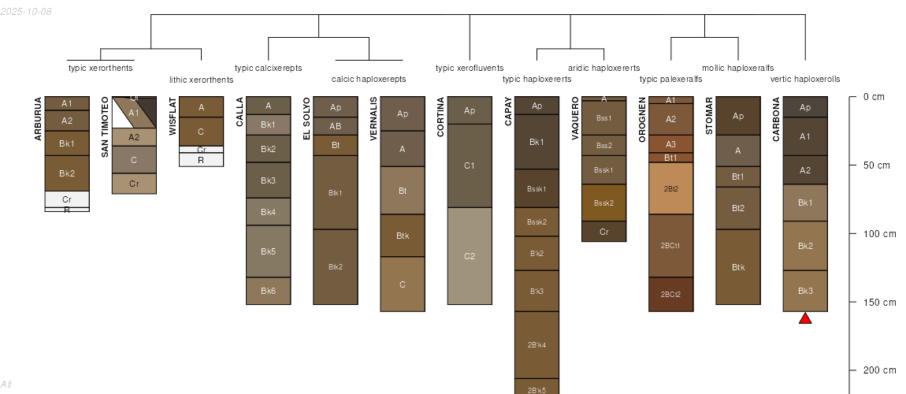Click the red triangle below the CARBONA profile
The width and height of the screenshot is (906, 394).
pyautogui.click(x=805, y=318)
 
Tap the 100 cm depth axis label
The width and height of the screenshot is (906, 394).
pyautogui.click(x=878, y=234)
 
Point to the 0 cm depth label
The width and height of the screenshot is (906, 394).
pyautogui.click(x=874, y=97)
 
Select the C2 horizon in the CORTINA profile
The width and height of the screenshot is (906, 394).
pyautogui.click(x=470, y=256)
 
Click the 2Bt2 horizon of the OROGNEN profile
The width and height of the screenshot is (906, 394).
pyautogui.click(x=670, y=188)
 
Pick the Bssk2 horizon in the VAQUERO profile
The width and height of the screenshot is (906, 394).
pyautogui.click(x=604, y=203)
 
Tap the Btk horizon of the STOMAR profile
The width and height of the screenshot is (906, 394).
pyautogui.click(x=738, y=267)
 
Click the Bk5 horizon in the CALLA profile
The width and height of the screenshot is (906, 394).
pyautogui.click(x=269, y=251)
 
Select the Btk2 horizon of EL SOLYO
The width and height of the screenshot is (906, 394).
pyautogui.click(x=336, y=267)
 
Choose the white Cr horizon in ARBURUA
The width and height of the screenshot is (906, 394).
pyautogui.click(x=67, y=199)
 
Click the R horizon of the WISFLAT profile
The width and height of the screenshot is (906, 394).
pyautogui.click(x=201, y=160)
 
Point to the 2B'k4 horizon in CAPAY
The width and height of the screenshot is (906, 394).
pyautogui.click(x=537, y=344)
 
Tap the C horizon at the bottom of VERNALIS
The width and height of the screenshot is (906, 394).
pyautogui.click(x=403, y=284)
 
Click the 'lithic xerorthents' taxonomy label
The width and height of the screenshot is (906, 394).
pyautogui.click(x=202, y=80)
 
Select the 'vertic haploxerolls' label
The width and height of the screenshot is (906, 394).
pyautogui.click(x=805, y=79)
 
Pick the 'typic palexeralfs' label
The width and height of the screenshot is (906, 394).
pyautogui.click(x=670, y=79)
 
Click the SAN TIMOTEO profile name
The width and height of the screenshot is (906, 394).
pyautogui.click(x=105, y=127)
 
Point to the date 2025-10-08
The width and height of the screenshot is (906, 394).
pyautogui.click(x=26, y=11)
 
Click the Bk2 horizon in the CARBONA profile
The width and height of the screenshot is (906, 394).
pyautogui.click(x=805, y=246)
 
